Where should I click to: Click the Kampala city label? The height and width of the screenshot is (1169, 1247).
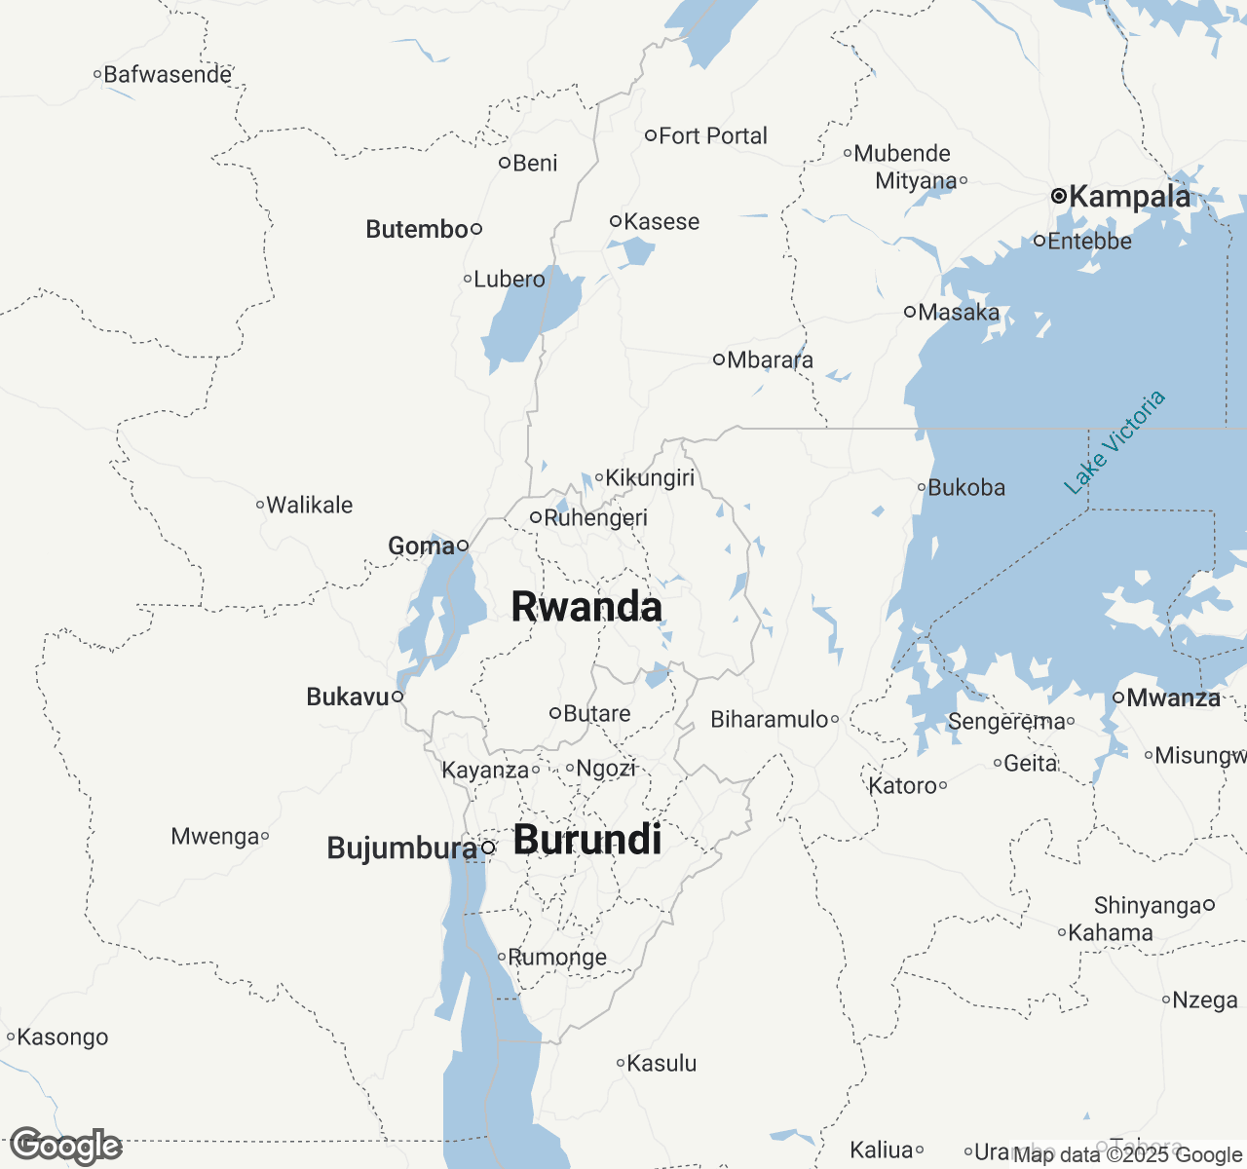(x=1129, y=197)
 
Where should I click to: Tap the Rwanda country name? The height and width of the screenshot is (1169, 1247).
(x=586, y=606)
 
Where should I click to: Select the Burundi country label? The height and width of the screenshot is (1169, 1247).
(x=587, y=840)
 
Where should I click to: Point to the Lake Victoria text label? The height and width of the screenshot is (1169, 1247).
(x=1115, y=442)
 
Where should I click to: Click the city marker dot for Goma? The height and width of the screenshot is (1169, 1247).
(x=463, y=546)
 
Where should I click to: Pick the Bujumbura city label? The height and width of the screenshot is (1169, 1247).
(x=401, y=848)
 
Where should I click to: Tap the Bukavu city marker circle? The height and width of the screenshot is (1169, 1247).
(x=397, y=697)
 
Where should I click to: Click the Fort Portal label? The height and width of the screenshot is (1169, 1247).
(x=712, y=136)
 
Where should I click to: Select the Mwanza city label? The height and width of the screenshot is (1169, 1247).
(x=1173, y=698)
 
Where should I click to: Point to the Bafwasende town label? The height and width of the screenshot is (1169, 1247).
(x=168, y=74)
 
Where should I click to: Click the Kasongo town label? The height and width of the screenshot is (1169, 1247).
(x=62, y=1037)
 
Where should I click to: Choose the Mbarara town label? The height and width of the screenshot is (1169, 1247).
(x=770, y=360)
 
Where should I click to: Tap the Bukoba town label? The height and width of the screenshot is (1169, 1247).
(x=965, y=487)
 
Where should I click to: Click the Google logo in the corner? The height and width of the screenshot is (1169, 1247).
(x=65, y=1146)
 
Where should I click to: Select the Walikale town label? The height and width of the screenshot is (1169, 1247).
(x=310, y=505)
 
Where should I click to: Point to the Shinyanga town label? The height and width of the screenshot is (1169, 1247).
(x=1147, y=906)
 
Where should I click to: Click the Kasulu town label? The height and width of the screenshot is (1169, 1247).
(x=661, y=1063)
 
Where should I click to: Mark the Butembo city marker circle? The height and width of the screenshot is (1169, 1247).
(x=476, y=229)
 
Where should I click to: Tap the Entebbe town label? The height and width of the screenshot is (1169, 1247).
(x=1089, y=241)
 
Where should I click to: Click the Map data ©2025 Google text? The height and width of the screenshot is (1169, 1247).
(x=1127, y=1155)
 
